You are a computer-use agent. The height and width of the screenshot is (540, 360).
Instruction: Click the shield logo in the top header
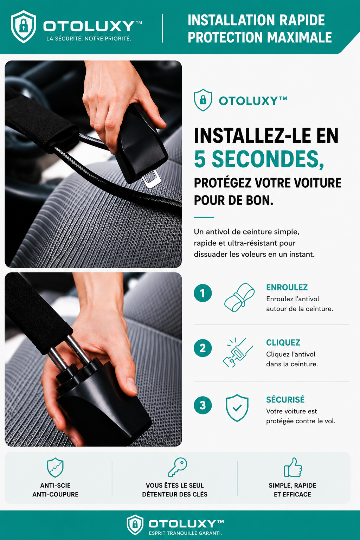24,26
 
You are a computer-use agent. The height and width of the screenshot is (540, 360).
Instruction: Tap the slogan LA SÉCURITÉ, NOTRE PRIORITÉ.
89,39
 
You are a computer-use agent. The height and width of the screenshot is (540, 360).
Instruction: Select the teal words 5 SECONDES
259,159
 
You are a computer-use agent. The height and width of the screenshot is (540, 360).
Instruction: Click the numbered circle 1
203,293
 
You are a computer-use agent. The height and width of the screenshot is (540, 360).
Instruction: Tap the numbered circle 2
203,348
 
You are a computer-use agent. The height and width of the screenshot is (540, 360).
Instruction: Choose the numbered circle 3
203,405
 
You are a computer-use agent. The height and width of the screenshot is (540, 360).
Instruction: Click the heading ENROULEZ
287,287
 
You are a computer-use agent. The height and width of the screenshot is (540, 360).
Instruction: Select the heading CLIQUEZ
283,342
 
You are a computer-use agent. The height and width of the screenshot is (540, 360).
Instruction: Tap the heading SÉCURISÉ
285,399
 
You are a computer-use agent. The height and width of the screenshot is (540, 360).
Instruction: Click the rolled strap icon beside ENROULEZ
239,297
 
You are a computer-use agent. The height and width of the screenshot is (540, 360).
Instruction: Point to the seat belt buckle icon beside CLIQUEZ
238,353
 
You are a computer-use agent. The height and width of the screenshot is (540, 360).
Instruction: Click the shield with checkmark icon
237,408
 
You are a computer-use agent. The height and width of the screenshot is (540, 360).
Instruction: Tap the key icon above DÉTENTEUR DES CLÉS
178,467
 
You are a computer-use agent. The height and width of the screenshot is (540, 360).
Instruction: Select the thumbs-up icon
293,467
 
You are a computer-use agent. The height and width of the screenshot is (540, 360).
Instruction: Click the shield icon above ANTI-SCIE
55,468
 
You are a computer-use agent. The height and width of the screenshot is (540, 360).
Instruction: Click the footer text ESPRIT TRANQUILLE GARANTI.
185,533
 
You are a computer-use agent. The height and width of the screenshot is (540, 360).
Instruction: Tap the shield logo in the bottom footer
135,525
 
